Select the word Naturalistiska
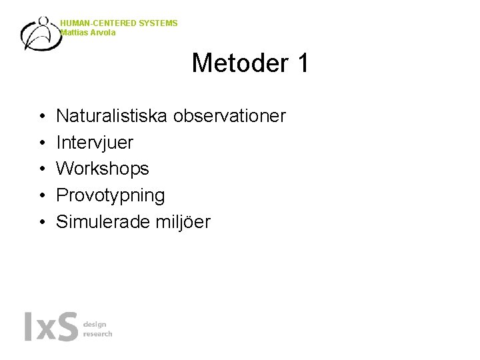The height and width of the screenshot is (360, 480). point(113,117)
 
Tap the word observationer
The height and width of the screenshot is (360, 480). point(230,117)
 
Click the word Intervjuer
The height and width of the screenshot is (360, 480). point(95,143)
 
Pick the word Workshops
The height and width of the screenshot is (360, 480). point(103,169)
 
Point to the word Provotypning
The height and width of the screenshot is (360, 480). point(110,196)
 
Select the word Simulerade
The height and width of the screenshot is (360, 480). point(104,222)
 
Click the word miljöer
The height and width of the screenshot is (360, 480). point(183,222)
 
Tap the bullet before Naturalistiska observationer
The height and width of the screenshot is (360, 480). point(42,117)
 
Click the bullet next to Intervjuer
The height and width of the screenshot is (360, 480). point(42,143)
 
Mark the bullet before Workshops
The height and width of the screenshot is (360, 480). point(42,170)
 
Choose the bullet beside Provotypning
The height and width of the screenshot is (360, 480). point(42,196)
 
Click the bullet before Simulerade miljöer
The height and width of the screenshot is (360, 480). point(42,223)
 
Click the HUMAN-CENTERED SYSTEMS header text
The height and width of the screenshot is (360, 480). point(119,23)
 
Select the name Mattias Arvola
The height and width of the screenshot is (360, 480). point(88,33)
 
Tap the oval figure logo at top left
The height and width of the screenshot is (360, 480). point(40,33)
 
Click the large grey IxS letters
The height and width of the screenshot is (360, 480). point(51,327)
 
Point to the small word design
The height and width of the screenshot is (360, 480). point(95,324)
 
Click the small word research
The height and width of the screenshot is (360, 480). point(97,333)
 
